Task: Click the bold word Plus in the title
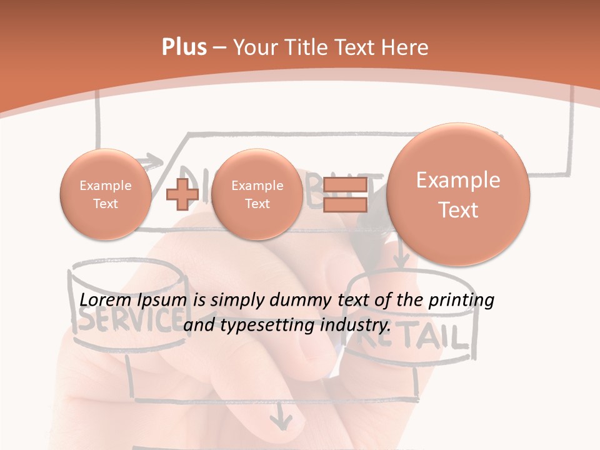coord(184,47)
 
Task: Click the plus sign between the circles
coord(182,194)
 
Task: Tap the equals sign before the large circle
coord(346,195)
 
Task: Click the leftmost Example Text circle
coord(105,194)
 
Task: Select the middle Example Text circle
coord(257,194)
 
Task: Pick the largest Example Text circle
coord(458,194)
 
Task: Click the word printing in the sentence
coord(461,301)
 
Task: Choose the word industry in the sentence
coord(355,325)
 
